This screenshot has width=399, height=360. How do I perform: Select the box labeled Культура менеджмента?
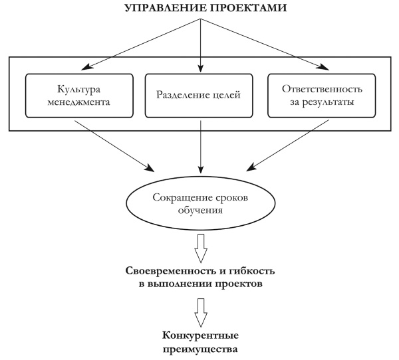pos(79,96)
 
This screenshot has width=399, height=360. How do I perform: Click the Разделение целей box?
pos(200,96)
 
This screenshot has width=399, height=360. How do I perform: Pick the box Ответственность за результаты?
pos(322,96)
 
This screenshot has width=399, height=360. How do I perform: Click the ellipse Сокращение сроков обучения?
pos(199,203)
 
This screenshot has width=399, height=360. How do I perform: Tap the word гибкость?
pos(253,273)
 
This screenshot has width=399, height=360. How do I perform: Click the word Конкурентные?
pos(200,335)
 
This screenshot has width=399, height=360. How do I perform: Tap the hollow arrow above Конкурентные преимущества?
pos(200,310)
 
